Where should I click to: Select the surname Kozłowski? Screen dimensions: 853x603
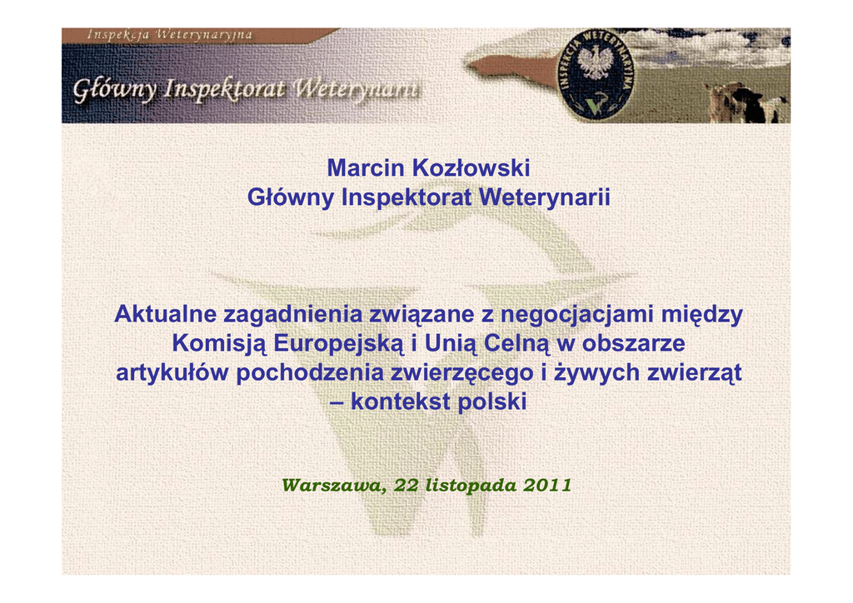(x=471, y=168)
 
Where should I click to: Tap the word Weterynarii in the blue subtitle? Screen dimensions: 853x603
(x=545, y=197)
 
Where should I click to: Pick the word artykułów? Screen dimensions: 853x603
(x=172, y=374)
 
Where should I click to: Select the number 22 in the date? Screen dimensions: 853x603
(x=406, y=485)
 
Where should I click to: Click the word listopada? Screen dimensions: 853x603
(x=471, y=486)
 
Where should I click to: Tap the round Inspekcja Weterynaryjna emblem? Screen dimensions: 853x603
(x=596, y=74)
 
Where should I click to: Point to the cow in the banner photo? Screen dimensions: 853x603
(x=746, y=102)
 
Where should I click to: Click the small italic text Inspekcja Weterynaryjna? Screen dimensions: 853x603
(x=169, y=35)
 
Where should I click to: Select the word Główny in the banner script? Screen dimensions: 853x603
(x=115, y=90)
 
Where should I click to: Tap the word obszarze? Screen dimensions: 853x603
(x=633, y=344)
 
